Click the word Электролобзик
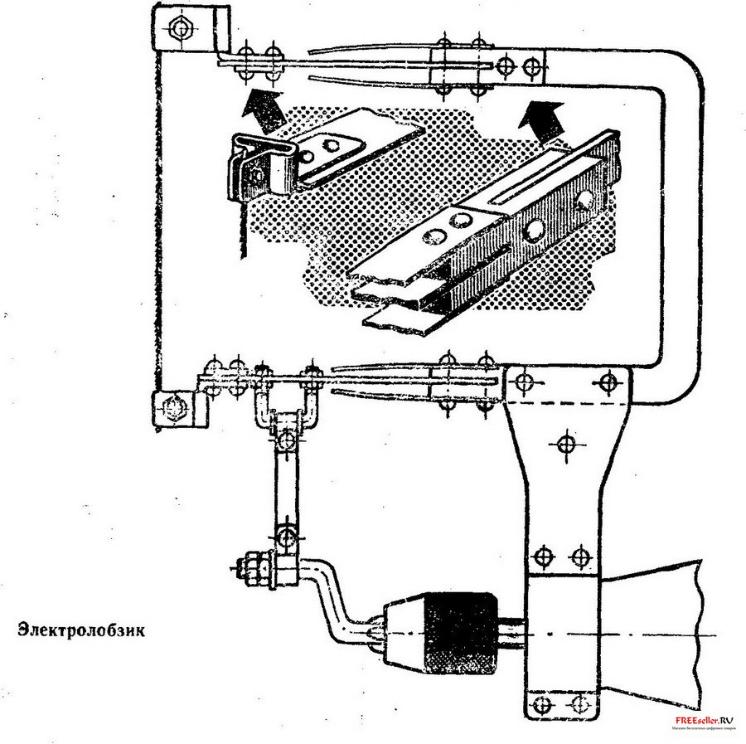[80, 630]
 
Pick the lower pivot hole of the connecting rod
[285, 536]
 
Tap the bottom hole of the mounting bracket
[544, 706]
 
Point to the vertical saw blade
[241, 232]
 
